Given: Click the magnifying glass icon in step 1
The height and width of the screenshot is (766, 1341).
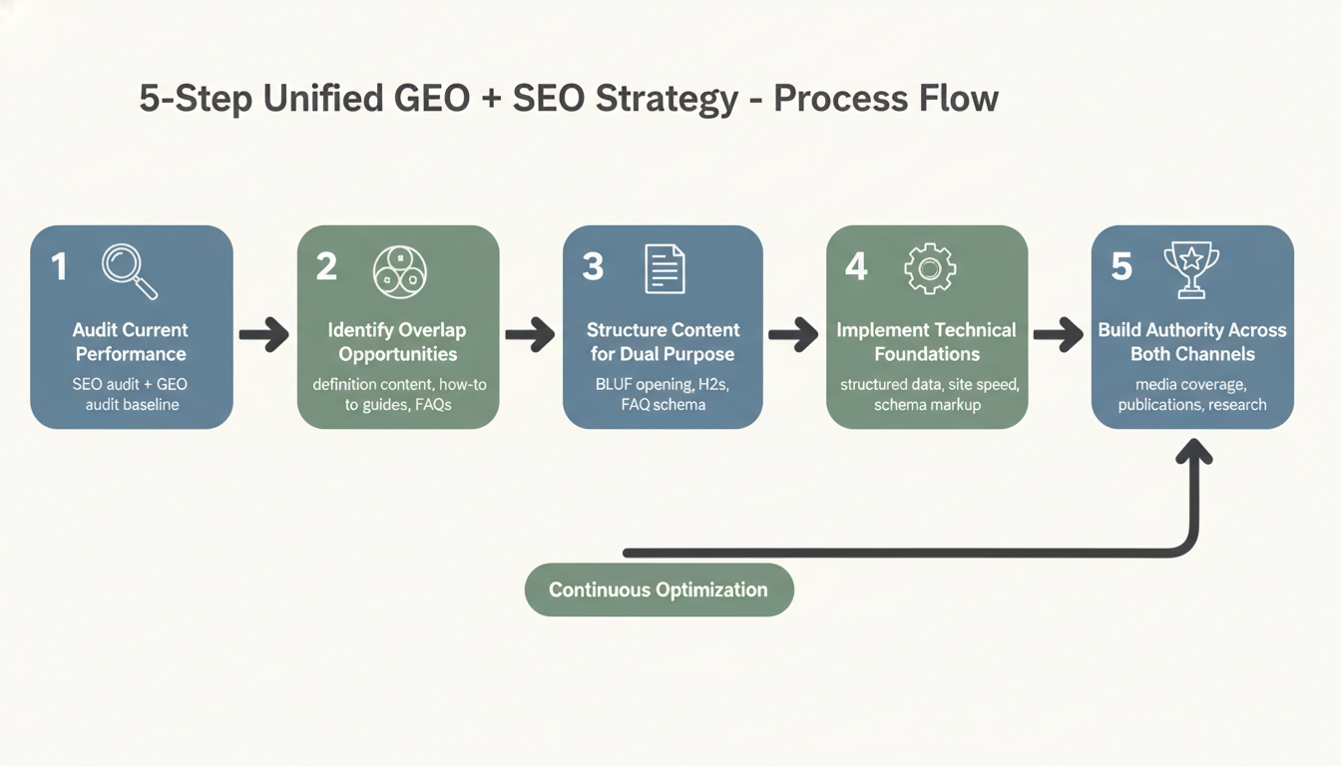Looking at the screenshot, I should click(x=131, y=271).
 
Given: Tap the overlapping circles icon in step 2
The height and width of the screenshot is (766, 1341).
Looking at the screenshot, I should click(x=399, y=270).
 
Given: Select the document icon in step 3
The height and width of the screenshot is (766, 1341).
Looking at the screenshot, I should click(x=665, y=269).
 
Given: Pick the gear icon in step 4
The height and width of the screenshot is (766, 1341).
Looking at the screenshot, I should click(x=929, y=269).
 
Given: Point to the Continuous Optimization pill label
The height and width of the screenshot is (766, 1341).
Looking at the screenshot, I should click(x=659, y=589).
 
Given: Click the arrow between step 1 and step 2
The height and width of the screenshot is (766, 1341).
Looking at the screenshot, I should click(x=264, y=336).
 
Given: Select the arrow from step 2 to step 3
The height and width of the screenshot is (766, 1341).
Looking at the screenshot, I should click(x=530, y=336).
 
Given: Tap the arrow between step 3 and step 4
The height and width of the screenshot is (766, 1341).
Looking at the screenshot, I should click(x=794, y=336).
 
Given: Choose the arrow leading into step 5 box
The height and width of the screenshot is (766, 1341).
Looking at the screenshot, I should click(x=1059, y=336).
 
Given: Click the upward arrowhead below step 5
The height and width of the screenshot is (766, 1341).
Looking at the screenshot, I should click(x=1194, y=455).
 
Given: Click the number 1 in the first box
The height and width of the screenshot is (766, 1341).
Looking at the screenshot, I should click(x=59, y=267).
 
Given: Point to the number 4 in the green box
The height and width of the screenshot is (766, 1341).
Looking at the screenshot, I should click(x=856, y=267).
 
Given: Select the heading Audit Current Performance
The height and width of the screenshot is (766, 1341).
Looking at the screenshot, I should click(x=131, y=342).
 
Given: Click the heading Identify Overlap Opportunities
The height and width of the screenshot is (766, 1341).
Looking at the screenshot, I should click(x=397, y=342).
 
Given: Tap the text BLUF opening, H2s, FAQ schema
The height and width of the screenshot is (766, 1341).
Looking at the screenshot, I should click(x=663, y=394).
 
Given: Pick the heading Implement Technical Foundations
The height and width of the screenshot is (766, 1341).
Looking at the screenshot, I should click(x=926, y=342).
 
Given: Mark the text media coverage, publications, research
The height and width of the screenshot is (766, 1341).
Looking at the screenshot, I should click(x=1191, y=394).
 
